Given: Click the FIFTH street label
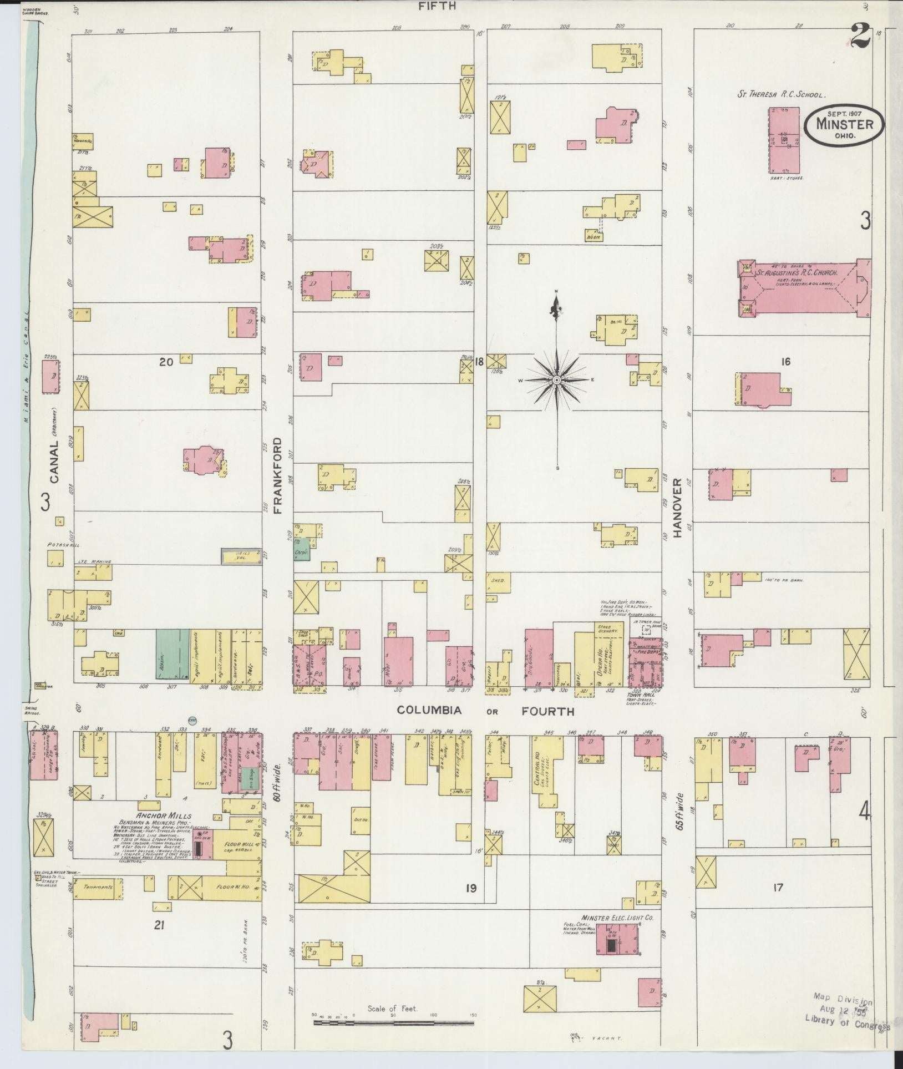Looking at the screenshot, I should coord(438,6).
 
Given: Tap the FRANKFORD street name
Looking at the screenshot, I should coord(278,475).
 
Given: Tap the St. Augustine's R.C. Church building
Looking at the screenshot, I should coord(804,288).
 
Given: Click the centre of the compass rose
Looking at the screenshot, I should coord(556,380).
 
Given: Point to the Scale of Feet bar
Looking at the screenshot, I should coord(393,1020).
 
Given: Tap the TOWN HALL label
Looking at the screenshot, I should coord(638,695).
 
